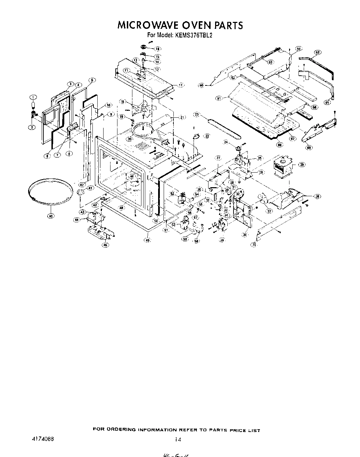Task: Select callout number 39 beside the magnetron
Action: [302, 165]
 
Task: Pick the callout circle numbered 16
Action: [158, 49]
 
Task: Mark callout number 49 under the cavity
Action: [148, 240]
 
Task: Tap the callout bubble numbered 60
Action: [201, 85]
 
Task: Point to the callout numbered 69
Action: [309, 147]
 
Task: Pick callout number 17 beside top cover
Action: [181, 85]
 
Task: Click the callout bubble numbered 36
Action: [246, 234]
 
